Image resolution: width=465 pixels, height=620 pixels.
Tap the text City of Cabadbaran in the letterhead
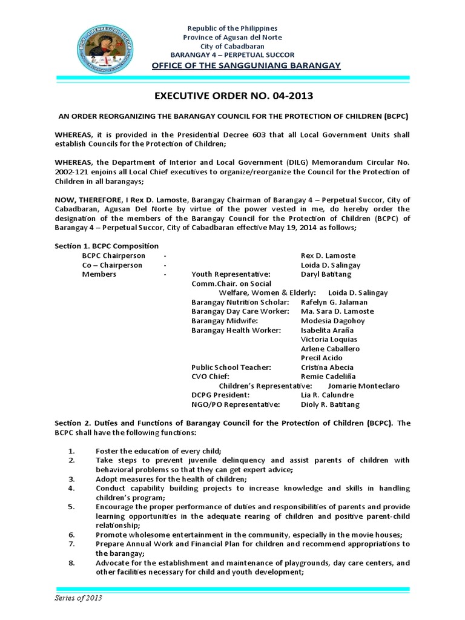(232, 46)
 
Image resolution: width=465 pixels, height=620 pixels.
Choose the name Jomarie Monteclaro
(363, 386)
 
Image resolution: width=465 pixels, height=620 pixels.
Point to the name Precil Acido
(322, 358)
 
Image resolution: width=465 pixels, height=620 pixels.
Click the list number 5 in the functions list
(71, 506)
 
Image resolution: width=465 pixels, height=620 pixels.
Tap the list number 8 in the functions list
(71, 562)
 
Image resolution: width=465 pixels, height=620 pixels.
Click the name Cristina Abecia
(328, 367)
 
